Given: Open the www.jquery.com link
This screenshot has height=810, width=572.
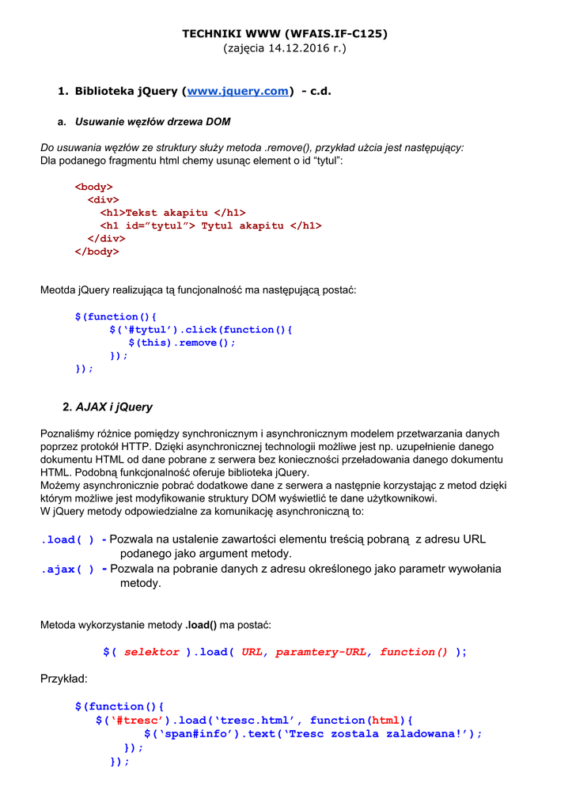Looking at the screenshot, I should pyautogui.click(x=237, y=92).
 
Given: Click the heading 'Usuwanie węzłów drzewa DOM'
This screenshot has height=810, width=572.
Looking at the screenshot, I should pyautogui.click(x=153, y=122).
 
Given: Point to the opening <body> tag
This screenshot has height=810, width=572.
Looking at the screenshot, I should pyautogui.click(x=93, y=187).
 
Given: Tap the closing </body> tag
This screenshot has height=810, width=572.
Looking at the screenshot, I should pyautogui.click(x=97, y=252).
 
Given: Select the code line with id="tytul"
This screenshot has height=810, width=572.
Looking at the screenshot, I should pyautogui.click(x=210, y=225).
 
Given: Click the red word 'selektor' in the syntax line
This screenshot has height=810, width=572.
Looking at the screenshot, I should pyautogui.click(x=152, y=652).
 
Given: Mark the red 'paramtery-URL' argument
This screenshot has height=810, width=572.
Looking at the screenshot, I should pyautogui.click(x=321, y=652).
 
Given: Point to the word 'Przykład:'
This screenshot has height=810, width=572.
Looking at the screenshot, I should pyautogui.click(x=64, y=679).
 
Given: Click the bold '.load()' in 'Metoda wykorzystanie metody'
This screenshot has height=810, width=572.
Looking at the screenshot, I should pyautogui.click(x=201, y=625).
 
